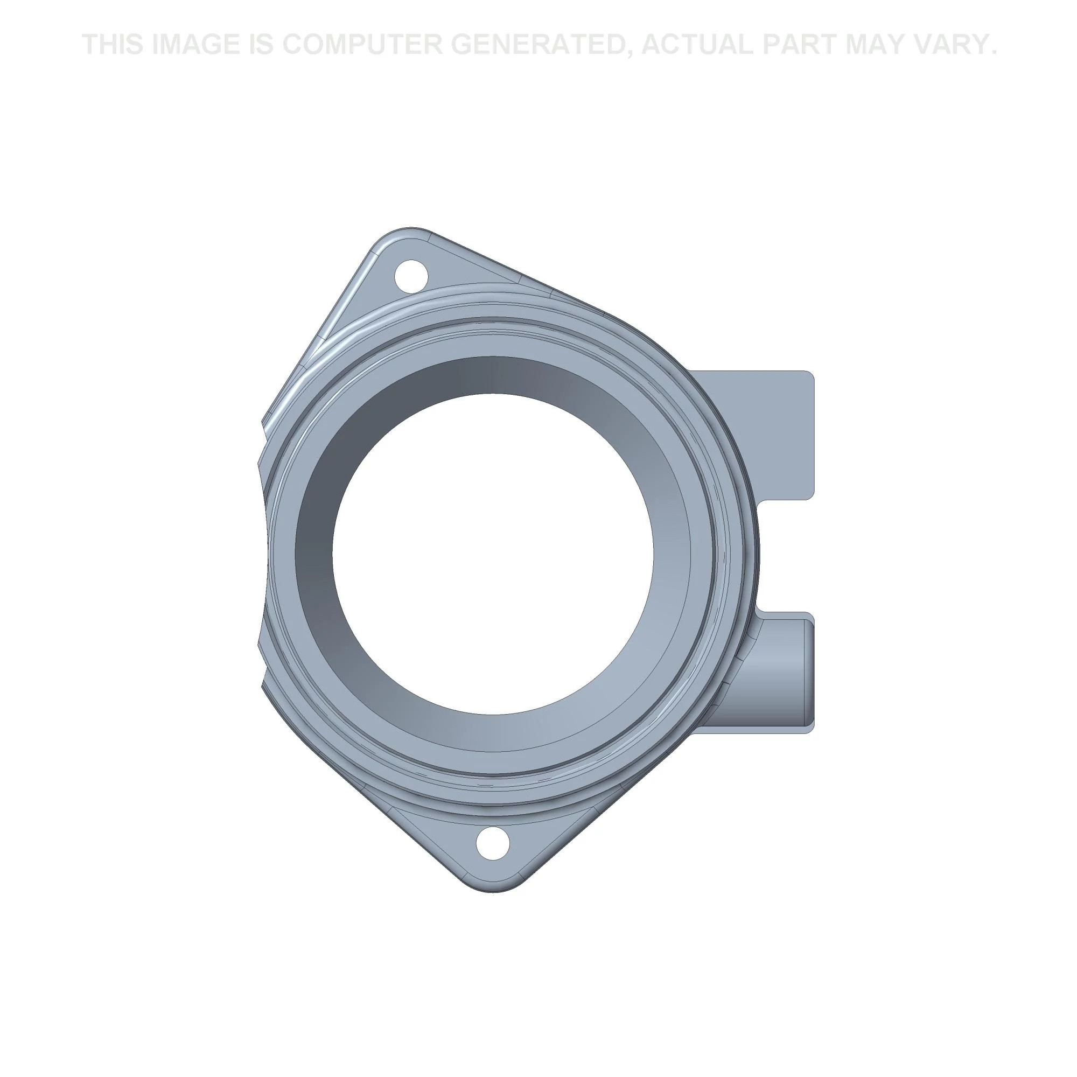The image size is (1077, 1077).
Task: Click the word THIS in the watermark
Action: coord(113,44)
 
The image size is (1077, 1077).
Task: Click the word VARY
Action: coord(957,44)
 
